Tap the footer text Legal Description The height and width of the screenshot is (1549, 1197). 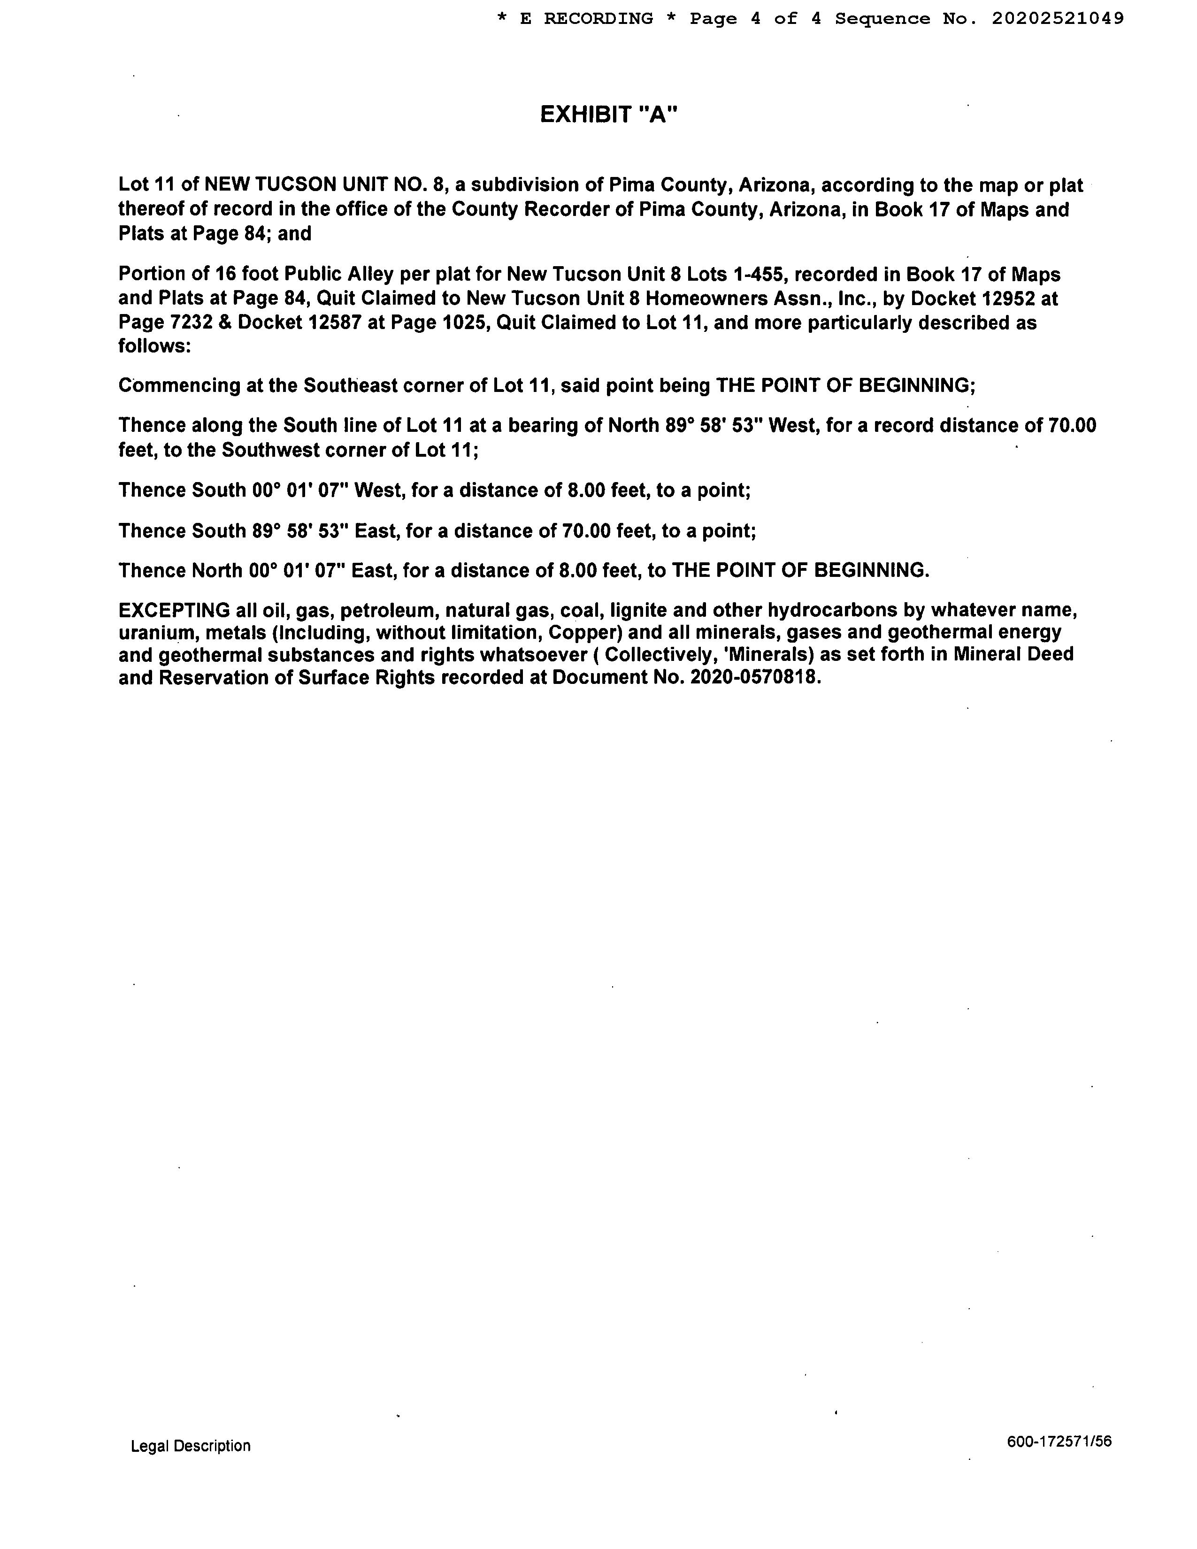click(190, 1445)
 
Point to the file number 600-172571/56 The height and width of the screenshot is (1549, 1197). click(1059, 1441)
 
